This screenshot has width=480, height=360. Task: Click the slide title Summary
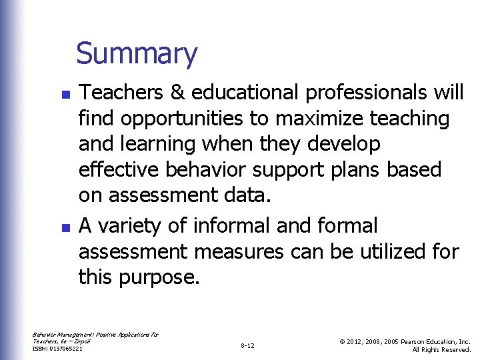click(137, 54)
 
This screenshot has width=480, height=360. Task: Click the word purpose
click(161, 277)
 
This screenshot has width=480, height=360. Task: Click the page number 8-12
click(247, 346)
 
